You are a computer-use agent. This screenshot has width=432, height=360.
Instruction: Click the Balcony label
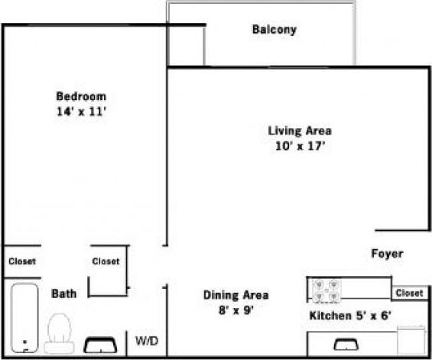(274, 31)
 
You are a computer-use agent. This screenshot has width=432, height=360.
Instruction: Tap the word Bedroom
(80, 96)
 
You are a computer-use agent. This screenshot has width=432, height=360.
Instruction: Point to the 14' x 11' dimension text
(80, 112)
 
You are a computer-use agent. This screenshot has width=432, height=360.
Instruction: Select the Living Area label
(299, 131)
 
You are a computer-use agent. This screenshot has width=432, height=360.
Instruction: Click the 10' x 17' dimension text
(299, 145)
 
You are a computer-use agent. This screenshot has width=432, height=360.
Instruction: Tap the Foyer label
(387, 254)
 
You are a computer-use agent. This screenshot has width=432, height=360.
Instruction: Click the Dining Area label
(235, 295)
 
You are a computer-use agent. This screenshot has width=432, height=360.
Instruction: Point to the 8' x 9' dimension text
(235, 310)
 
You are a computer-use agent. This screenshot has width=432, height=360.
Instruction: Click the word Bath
(63, 294)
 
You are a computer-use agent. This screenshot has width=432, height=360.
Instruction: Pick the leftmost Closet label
(21, 261)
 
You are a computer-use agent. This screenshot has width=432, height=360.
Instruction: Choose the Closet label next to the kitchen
(410, 293)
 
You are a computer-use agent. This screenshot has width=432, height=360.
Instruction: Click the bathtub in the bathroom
(24, 317)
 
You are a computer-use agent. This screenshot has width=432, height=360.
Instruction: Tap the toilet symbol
(59, 333)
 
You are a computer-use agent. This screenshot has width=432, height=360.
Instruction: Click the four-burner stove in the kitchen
(328, 290)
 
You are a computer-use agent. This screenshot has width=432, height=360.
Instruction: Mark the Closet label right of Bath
(106, 261)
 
